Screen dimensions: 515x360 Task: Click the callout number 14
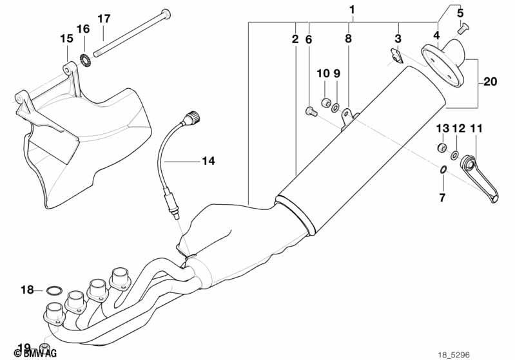pos(208,161)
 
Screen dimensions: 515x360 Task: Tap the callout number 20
pos(490,81)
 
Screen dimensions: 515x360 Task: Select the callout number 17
pos(104,19)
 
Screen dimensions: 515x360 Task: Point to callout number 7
pos(442,198)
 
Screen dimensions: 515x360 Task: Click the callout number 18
pos(27,290)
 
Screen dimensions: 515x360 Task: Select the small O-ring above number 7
pos(443,169)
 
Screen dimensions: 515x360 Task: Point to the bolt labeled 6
pos(311,111)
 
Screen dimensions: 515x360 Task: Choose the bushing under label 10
pos(326,102)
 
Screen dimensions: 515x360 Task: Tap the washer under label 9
pos(336,107)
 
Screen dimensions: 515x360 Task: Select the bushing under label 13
pos(442,147)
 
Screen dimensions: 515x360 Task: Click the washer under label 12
pos(454,155)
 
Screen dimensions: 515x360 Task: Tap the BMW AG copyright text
pos(35,353)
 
